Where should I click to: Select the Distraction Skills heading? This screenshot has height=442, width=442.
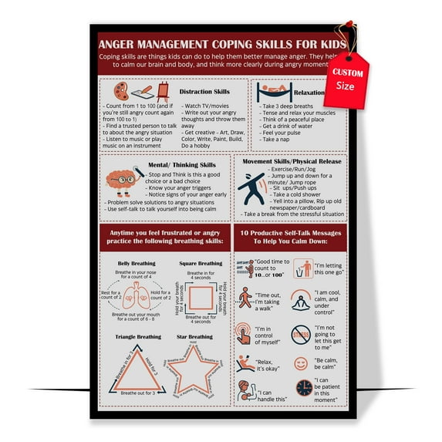tap(204, 91)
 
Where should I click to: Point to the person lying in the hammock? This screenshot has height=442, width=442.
tap(271, 93)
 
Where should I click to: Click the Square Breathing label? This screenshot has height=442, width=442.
tap(200, 263)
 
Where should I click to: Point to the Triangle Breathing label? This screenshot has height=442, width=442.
tap(139, 336)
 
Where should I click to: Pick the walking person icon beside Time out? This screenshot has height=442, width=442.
tap(246, 298)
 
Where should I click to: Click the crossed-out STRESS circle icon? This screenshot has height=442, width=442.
tap(302, 333)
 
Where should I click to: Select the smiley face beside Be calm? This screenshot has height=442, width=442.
tap(301, 363)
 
